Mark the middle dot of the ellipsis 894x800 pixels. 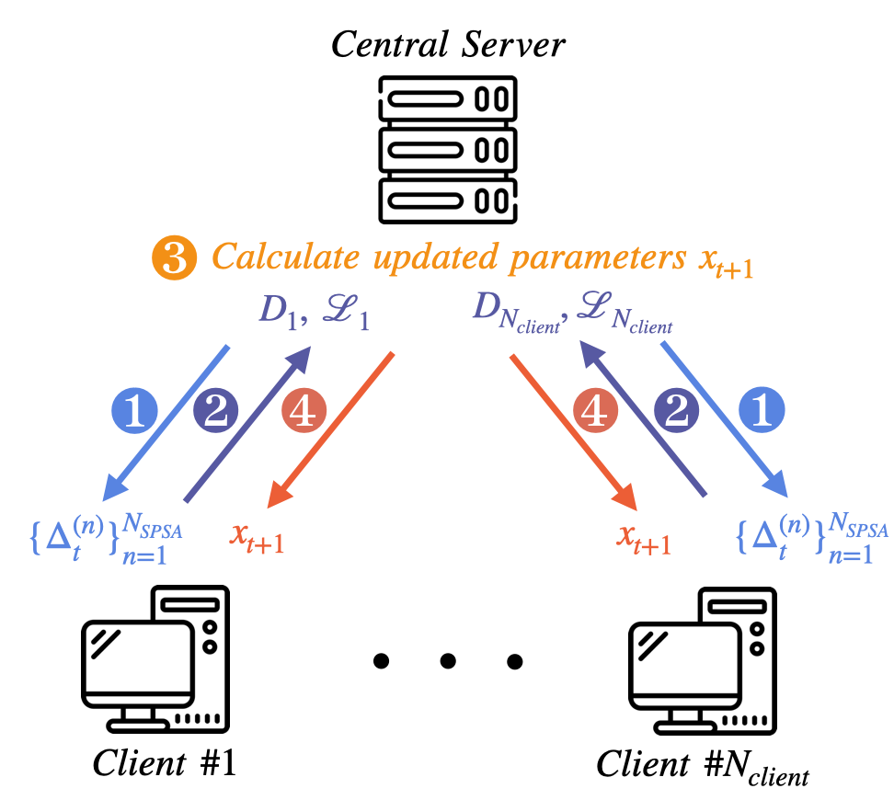point(447,660)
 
